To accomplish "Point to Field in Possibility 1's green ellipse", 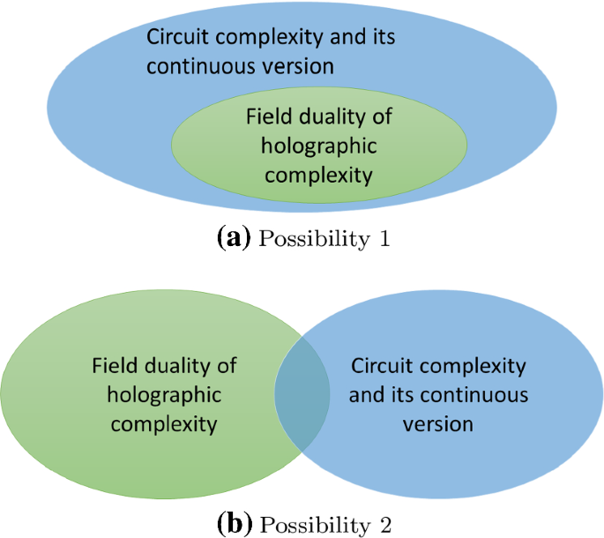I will [267, 117].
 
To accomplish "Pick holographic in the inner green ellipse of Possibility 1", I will [319, 146].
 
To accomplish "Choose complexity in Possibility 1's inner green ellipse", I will [319, 175].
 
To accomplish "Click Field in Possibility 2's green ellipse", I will [113, 366].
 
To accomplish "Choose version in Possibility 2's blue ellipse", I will [438, 424].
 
